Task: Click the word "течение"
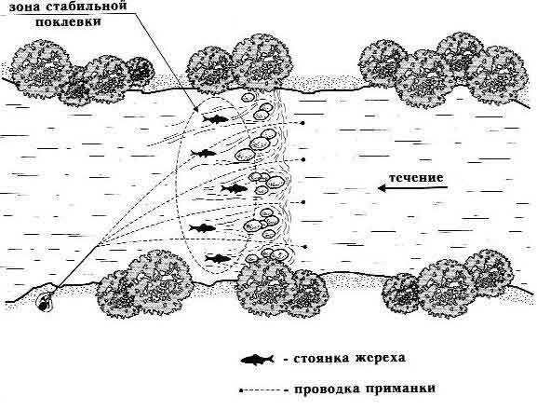point(416,178)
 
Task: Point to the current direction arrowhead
point(382,188)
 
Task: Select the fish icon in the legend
point(257,359)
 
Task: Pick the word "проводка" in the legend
point(325,389)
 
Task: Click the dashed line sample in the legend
point(263,390)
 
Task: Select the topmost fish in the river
point(215,119)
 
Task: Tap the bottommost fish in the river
point(218,258)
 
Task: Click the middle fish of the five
point(235,188)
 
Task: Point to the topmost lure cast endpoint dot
point(302,123)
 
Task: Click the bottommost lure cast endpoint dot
point(304,247)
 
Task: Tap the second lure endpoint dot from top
point(303,159)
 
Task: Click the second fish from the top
point(204,153)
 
